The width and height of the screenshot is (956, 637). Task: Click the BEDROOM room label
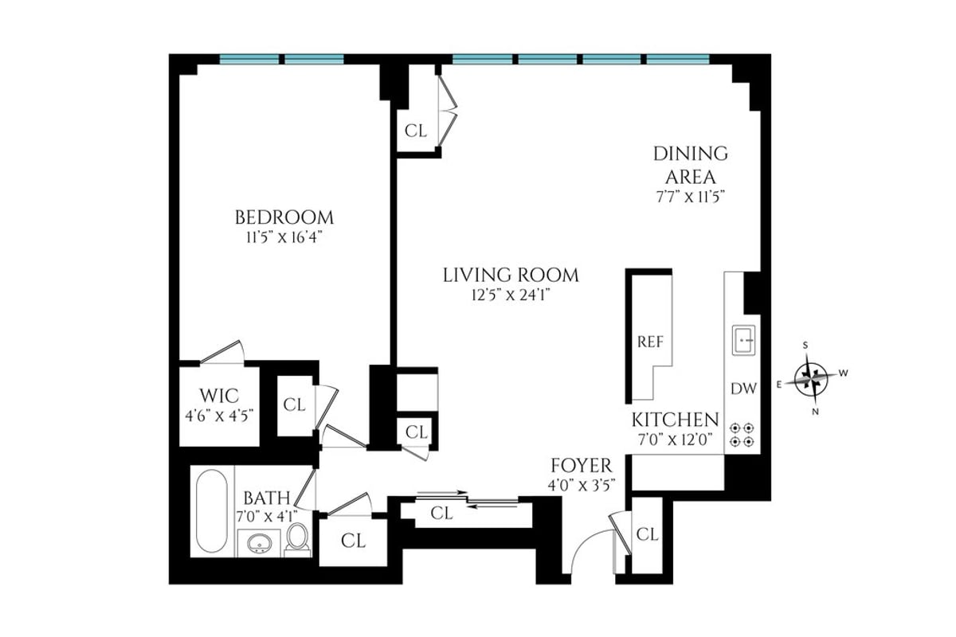pyautogui.click(x=284, y=217)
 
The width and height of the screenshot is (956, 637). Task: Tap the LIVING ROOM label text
pyautogui.click(x=511, y=276)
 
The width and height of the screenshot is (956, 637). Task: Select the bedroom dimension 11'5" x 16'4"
pyautogui.click(x=284, y=236)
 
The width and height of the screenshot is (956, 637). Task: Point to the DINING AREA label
pyautogui.click(x=691, y=165)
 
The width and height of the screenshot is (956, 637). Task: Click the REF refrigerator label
pyautogui.click(x=650, y=342)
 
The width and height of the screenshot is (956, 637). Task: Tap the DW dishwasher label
pyautogui.click(x=743, y=389)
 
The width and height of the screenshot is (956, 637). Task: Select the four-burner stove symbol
pyautogui.click(x=743, y=434)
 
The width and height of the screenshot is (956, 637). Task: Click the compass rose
pyautogui.click(x=812, y=377)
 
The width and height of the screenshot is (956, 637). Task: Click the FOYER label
pyautogui.click(x=582, y=466)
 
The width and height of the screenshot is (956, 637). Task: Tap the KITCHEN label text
pyautogui.click(x=676, y=420)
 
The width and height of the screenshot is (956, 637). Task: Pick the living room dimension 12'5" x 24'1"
pyautogui.click(x=511, y=295)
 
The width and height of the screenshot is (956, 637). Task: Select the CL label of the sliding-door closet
pyautogui.click(x=442, y=514)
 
